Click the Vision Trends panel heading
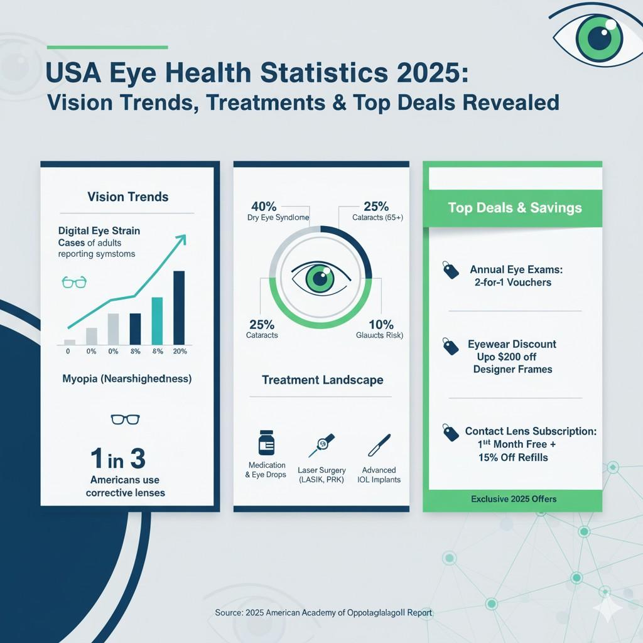(x=127, y=197)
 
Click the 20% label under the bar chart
(x=180, y=351)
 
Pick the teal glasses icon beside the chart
(x=74, y=282)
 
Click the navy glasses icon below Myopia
(x=125, y=419)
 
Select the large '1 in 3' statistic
(x=117, y=460)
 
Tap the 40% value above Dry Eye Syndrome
(x=263, y=206)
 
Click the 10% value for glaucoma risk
(x=381, y=325)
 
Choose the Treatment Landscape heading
(x=322, y=380)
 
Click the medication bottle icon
(x=266, y=443)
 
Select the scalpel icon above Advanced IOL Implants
(x=379, y=445)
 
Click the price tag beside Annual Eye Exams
(x=450, y=271)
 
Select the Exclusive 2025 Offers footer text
(x=514, y=499)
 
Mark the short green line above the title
(x=107, y=47)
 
